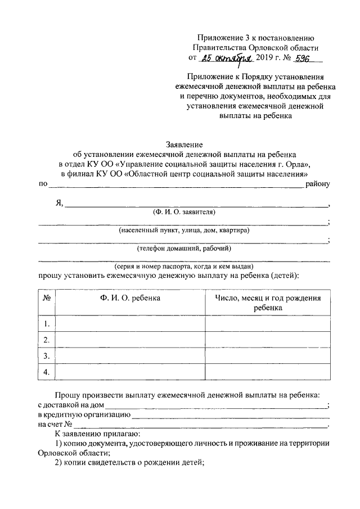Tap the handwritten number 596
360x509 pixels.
click(x=294, y=58)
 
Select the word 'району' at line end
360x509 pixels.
click(x=318, y=183)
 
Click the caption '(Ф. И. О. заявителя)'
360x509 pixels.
click(x=183, y=212)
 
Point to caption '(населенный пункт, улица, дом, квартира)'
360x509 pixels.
click(x=183, y=230)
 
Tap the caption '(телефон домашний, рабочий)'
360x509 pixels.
click(x=183, y=248)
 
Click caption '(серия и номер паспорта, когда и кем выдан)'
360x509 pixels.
click(x=183, y=266)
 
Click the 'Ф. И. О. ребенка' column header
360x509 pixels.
click(x=130, y=298)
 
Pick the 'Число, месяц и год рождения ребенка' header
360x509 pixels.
click(x=268, y=303)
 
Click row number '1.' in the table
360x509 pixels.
click(x=47, y=324)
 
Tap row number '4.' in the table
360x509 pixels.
click(x=47, y=372)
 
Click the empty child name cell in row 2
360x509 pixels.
click(x=130, y=340)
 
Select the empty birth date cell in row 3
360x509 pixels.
click(x=268, y=355)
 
